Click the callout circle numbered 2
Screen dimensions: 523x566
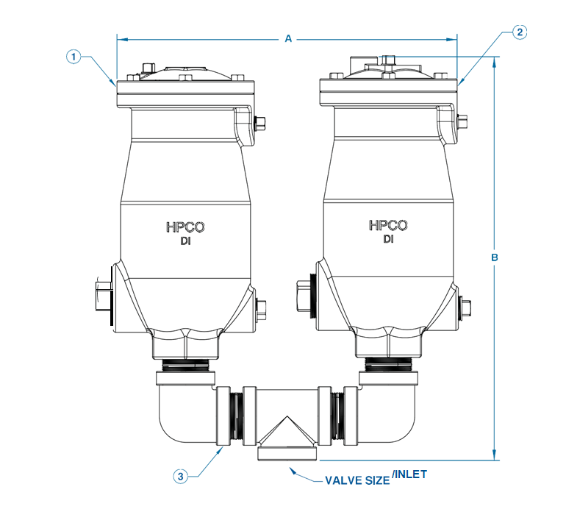click(x=520, y=32)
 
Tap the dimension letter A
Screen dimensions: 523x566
click(x=289, y=39)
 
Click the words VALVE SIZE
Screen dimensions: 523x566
click(x=357, y=482)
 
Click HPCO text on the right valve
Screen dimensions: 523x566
click(x=388, y=226)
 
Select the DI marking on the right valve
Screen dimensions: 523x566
click(x=388, y=240)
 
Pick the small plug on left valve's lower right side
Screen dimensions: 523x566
click(x=260, y=307)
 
